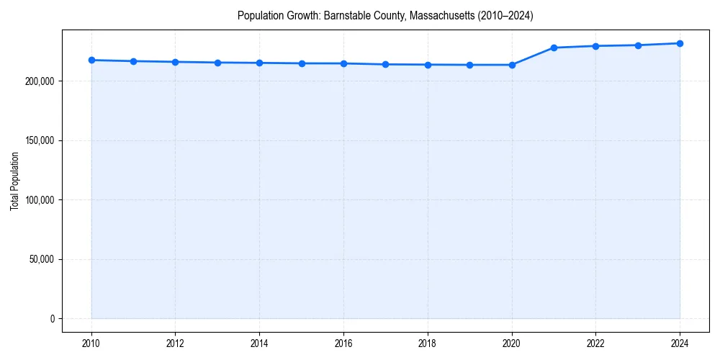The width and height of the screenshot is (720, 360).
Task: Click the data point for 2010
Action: click(x=91, y=60)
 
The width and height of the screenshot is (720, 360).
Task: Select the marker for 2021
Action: click(x=554, y=48)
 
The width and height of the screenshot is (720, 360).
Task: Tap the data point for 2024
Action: click(x=680, y=43)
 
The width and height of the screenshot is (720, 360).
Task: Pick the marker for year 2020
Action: click(x=512, y=65)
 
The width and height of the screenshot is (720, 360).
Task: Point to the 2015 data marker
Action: click(x=302, y=63)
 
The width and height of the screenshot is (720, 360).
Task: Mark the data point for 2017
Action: click(x=386, y=64)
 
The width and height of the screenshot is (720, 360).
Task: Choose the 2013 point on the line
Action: click(x=217, y=63)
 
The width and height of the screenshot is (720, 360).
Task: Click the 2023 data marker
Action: click(x=638, y=45)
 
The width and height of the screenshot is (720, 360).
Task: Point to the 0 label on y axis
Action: click(x=51, y=318)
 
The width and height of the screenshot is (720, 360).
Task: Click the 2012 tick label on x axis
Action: click(x=175, y=343)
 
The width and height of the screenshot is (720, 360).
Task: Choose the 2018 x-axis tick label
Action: click(x=428, y=343)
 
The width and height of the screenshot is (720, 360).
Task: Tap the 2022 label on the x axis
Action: click(x=595, y=343)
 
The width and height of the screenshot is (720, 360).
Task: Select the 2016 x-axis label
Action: click(x=343, y=343)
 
